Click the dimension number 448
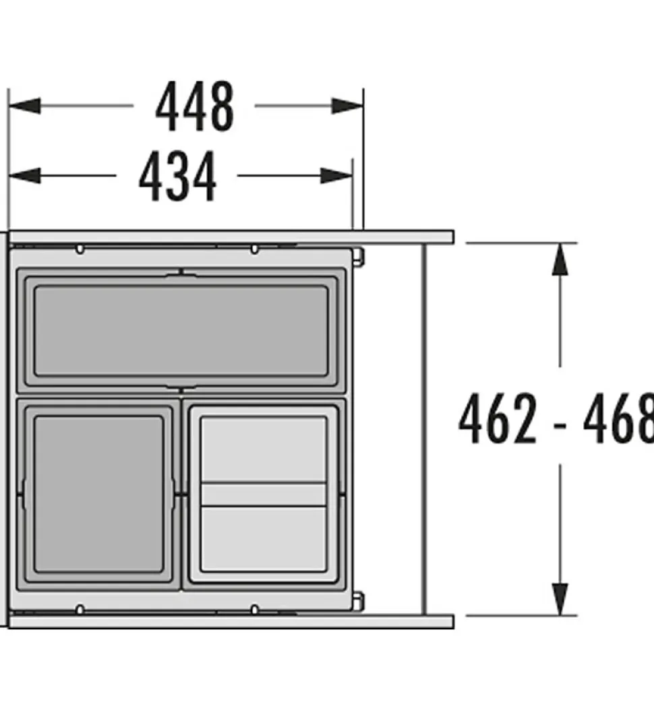[x=195, y=107]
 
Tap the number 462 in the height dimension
[x=498, y=420]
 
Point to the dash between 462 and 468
[x=561, y=424]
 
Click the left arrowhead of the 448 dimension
[x=24, y=106]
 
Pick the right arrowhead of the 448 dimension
[x=348, y=106]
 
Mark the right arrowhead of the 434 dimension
[x=337, y=176]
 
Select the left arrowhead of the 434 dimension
[x=24, y=176]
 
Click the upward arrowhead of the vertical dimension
[x=560, y=259]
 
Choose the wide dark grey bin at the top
[x=181, y=330]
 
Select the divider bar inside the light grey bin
[x=264, y=494]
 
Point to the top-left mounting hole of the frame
[x=80, y=249]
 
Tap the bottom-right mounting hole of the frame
[x=254, y=610]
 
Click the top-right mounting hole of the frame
[x=254, y=249]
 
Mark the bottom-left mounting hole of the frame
[x=80, y=610]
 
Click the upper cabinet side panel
[x=229, y=237]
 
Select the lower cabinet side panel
[x=229, y=622]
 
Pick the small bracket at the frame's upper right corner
[x=359, y=256]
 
